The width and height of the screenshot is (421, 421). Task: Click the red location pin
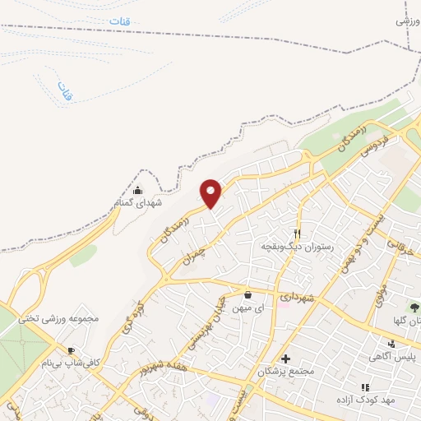click(x=212, y=193)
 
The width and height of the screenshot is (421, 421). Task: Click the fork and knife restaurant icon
click(x=297, y=233)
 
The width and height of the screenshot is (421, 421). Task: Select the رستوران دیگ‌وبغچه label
click(x=296, y=246)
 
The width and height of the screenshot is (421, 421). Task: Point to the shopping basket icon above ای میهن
click(x=248, y=294)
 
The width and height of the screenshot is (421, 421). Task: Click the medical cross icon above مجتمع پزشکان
click(x=285, y=359)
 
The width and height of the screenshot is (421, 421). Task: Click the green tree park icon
click(x=415, y=307)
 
